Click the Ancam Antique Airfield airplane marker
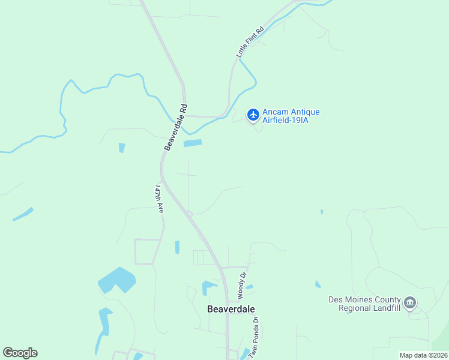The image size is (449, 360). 253,114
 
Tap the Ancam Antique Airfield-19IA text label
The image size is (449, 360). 291,116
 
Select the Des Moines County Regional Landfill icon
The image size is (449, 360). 411,302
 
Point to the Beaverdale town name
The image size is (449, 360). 231,309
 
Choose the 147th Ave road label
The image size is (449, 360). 160,199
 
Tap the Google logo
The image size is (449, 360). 20,353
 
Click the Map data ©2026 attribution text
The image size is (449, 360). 423,355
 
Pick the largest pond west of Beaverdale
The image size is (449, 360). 116,280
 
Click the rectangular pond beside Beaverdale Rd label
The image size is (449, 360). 193,143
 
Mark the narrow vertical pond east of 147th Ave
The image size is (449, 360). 177,247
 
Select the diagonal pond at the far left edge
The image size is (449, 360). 23,214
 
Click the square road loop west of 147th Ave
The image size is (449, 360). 147,251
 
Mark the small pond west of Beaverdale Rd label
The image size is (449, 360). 122,148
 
